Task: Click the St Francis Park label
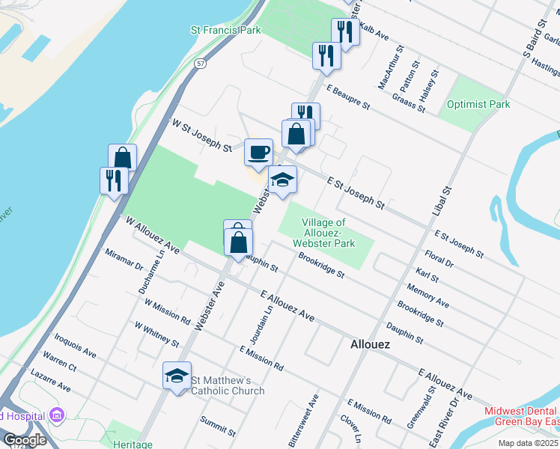coord(225,31)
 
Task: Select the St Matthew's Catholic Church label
coord(227,385)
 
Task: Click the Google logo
coord(25,440)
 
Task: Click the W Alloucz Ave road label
coord(153,235)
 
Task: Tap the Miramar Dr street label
coord(124,259)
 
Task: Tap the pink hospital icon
coord(56,415)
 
